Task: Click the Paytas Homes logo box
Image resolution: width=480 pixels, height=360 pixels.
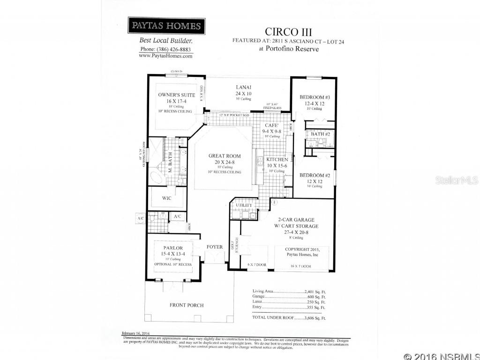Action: [x=166, y=26]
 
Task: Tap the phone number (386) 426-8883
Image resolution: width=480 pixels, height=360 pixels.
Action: [x=166, y=49]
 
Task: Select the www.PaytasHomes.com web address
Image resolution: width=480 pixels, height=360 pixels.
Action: [x=166, y=56]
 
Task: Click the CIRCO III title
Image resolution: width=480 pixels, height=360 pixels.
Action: [x=288, y=32]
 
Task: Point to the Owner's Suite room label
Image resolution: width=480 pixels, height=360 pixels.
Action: [x=175, y=95]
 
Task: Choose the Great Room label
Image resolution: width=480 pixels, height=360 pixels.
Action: [x=225, y=156]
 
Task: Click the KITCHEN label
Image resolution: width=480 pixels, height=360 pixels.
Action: [x=277, y=160]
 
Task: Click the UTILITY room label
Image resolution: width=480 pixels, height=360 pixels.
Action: [x=244, y=205]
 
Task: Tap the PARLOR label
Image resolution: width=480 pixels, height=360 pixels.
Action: [x=172, y=248]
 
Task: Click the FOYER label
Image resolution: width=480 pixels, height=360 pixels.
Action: [x=215, y=247]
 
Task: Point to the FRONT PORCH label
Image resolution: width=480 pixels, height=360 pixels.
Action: [x=187, y=305]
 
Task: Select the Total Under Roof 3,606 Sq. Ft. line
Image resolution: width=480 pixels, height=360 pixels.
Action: [x=289, y=318]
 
